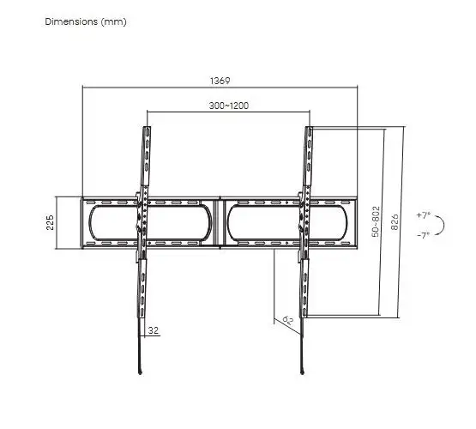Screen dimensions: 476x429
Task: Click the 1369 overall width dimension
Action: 220,81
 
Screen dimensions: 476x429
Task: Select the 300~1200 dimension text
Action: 229,106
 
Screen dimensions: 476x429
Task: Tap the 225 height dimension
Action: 50,222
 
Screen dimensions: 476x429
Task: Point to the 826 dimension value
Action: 395,221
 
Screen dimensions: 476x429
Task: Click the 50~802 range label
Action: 376,221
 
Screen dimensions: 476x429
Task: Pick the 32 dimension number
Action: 154,330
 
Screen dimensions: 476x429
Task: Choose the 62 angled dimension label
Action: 288,320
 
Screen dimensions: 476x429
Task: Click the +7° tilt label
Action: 424,215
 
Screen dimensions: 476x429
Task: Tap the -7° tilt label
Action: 424,235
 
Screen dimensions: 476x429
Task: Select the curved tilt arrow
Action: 444,225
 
